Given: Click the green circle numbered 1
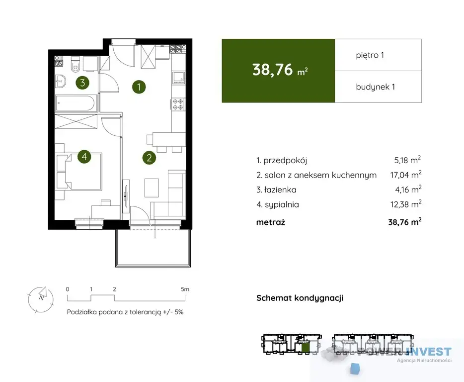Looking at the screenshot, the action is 139,87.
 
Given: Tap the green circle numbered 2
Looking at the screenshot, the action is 149,158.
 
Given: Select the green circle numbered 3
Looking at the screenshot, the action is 82,83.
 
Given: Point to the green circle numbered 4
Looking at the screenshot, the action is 84,156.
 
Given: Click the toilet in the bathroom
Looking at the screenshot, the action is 76,65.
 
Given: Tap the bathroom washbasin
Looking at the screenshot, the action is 61,81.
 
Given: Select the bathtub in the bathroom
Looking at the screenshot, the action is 76,103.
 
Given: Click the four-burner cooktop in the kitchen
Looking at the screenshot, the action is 178,104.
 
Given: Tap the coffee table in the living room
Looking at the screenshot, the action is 152,188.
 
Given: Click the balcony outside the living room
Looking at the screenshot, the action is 154,248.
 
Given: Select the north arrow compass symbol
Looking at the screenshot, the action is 41,299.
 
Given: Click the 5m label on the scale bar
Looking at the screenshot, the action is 185,289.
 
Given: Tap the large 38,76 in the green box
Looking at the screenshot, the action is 273,70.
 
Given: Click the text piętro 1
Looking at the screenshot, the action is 370,55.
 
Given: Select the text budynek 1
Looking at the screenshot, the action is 376,87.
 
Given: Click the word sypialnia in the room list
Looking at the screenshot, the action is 282,204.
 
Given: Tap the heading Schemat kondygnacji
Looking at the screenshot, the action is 300,298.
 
